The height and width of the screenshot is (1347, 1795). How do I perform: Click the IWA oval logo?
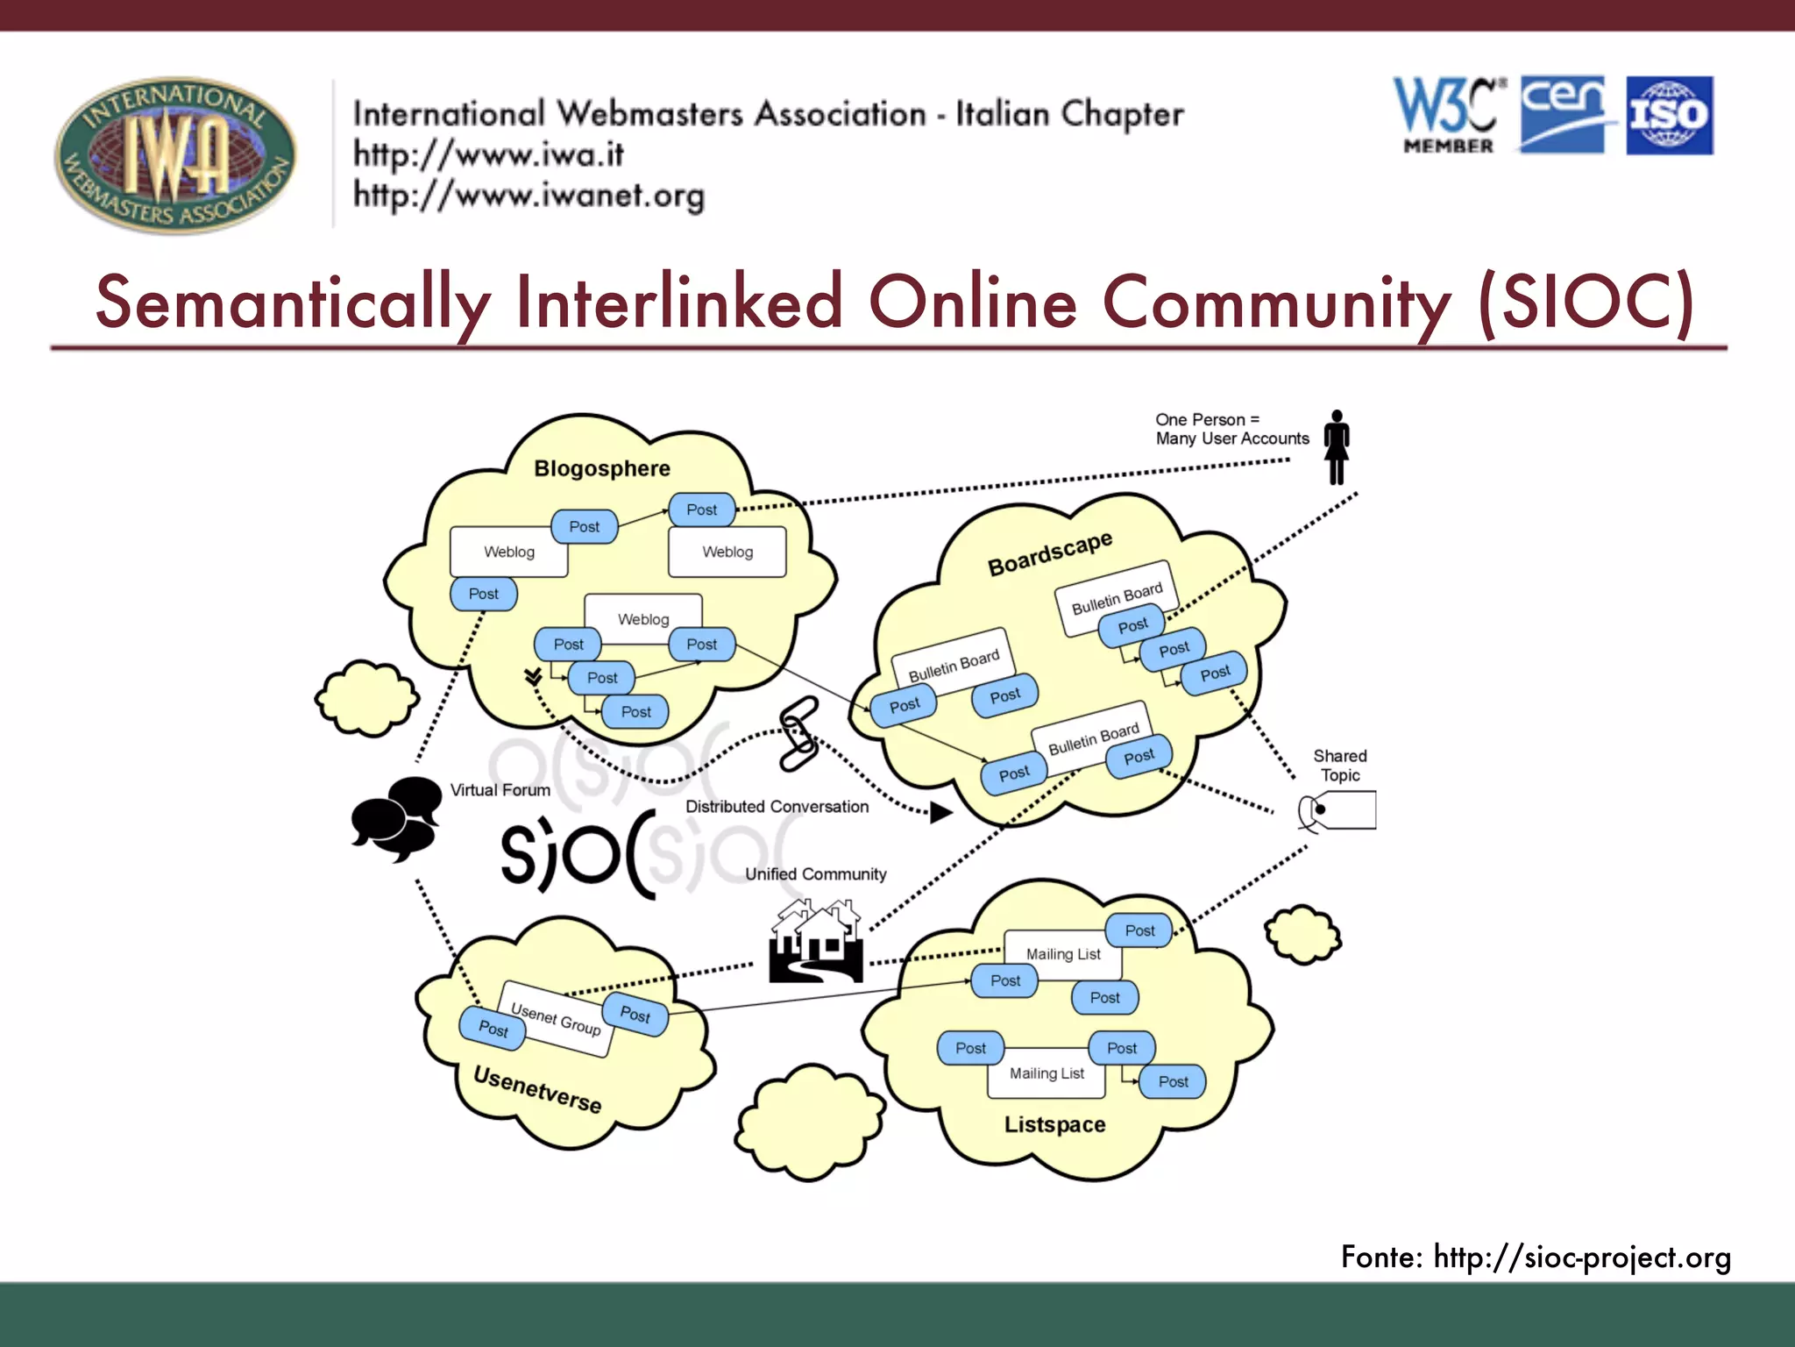tap(175, 154)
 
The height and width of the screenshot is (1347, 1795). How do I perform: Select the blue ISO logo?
tap(1670, 116)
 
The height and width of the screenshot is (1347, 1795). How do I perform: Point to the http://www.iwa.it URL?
tap(488, 155)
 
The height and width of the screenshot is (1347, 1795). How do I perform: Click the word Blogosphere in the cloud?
tap(602, 468)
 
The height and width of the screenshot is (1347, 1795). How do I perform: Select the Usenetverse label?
tap(536, 1088)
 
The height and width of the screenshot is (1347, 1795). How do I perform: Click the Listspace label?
tap(1054, 1124)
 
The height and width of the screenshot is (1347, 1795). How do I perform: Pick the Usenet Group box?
tap(556, 1019)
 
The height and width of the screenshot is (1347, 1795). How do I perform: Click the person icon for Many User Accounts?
tap(1336, 447)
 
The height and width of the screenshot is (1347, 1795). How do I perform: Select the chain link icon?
tap(798, 734)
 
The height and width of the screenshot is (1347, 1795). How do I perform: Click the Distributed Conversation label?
tap(777, 807)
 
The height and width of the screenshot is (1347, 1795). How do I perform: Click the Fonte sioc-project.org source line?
tap(1536, 1258)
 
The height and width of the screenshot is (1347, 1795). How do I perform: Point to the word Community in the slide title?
tap(1276, 303)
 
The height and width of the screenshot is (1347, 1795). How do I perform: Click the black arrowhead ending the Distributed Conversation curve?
tap(940, 813)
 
